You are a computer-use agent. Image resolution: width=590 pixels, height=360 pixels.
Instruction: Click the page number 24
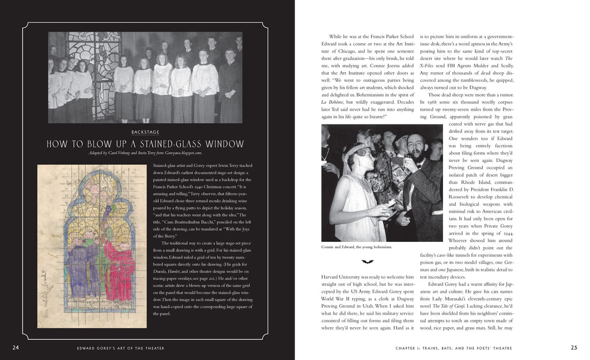point(16,347)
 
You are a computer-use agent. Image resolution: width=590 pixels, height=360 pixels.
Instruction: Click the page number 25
point(574,347)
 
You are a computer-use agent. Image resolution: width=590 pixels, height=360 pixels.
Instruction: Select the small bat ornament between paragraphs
point(365,261)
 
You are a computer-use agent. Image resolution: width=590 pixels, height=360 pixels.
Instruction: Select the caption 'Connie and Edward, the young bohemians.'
point(357,247)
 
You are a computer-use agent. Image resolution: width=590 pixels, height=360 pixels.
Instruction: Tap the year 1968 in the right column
point(434,102)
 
